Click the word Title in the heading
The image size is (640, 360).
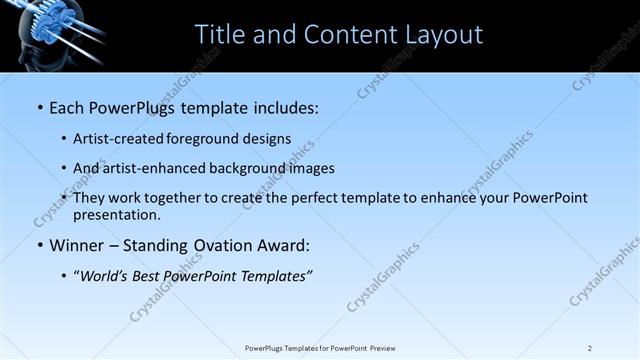(x=219, y=35)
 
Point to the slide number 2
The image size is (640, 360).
(x=590, y=348)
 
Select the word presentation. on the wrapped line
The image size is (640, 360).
(x=117, y=215)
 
